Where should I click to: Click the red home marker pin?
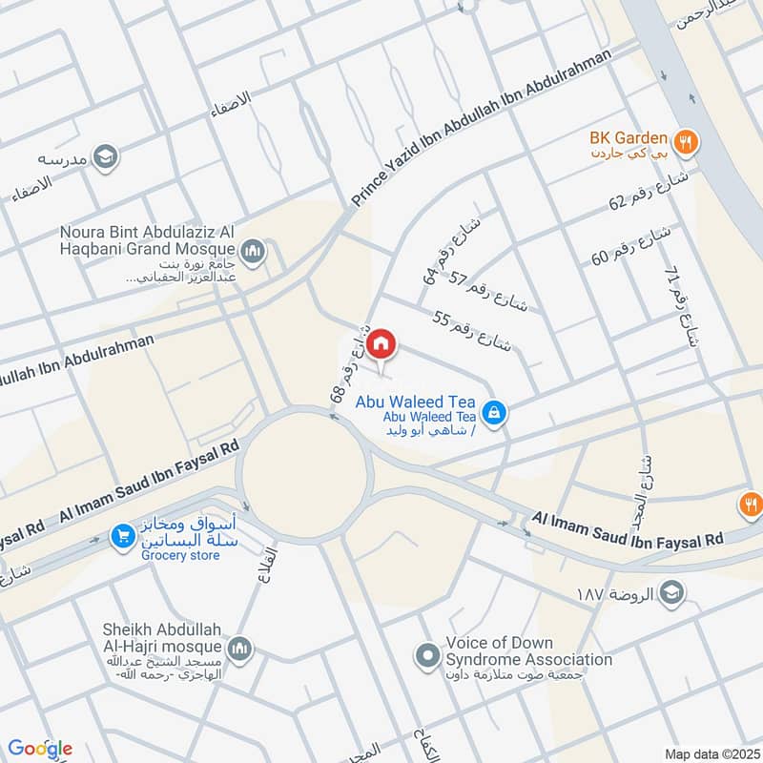click(381, 343)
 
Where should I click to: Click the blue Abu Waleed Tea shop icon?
click(493, 413)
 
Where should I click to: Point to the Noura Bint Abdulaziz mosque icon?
click(253, 253)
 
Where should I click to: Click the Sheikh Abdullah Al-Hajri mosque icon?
click(240, 649)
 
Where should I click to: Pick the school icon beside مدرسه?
click(107, 155)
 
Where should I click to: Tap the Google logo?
click(40, 748)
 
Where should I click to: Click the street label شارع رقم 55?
click(472, 333)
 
